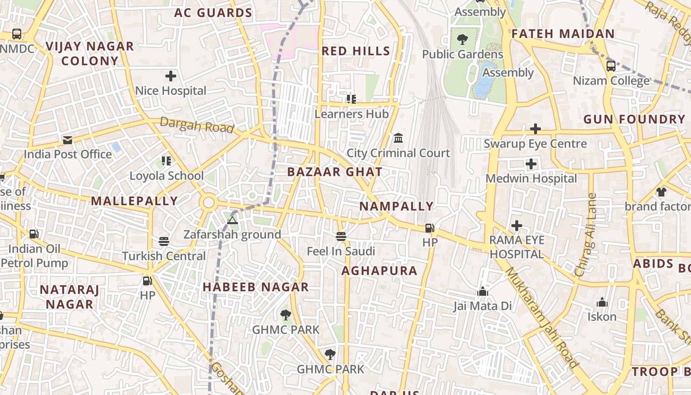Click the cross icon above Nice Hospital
(x=171, y=76)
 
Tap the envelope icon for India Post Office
(x=68, y=140)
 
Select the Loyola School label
(x=166, y=176)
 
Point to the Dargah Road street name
(x=196, y=125)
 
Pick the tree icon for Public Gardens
(x=462, y=39)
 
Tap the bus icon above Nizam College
(x=611, y=66)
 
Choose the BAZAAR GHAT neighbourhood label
(x=335, y=172)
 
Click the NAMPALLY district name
(x=396, y=206)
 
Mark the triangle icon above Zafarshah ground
(x=232, y=220)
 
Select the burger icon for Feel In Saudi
(x=341, y=237)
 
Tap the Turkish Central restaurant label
(x=164, y=256)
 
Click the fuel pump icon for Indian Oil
(x=34, y=234)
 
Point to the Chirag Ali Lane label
(x=586, y=235)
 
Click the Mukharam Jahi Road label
(x=541, y=318)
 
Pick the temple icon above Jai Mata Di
(x=483, y=292)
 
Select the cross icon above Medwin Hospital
(x=531, y=164)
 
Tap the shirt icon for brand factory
(x=661, y=192)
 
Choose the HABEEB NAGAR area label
(x=256, y=287)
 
